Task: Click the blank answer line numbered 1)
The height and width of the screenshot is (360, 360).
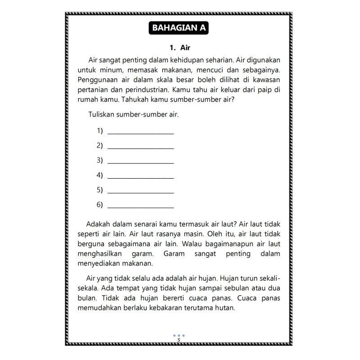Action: pyautogui.click(x=141, y=131)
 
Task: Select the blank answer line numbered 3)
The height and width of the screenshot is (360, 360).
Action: pyautogui.click(x=141, y=161)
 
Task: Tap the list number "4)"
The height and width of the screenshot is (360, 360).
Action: pyautogui.click(x=99, y=175)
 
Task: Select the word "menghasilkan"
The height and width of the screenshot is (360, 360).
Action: pyautogui.click(x=99, y=253)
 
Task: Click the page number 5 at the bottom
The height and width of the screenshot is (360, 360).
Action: pyautogui.click(x=179, y=340)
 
